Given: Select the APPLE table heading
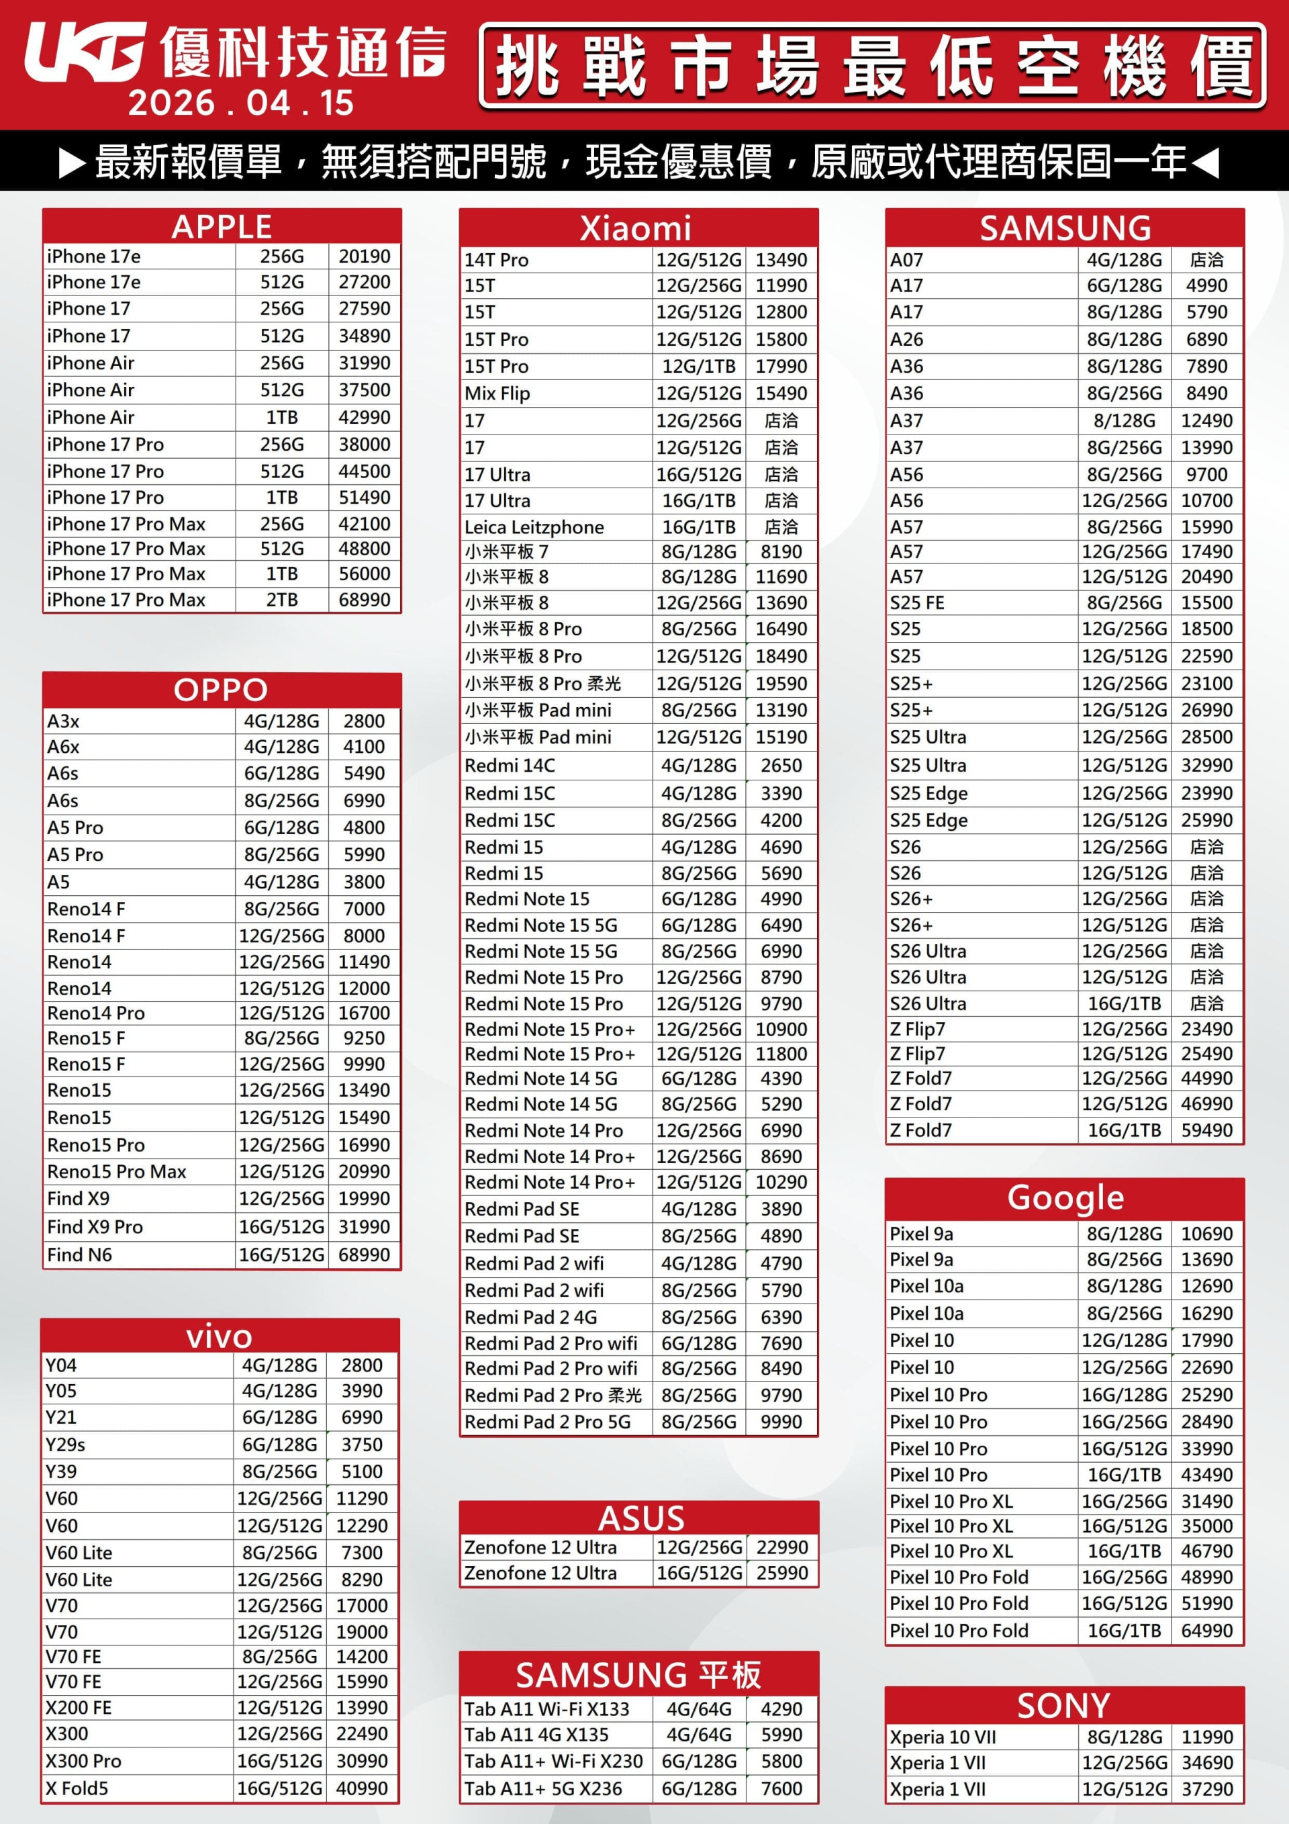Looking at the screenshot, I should [x=222, y=227].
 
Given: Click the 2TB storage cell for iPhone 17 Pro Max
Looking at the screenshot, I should [x=282, y=600].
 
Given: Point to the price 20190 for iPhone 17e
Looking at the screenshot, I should [x=365, y=257].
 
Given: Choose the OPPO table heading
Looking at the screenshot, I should [x=221, y=690].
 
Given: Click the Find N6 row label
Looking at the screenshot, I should [x=79, y=1255].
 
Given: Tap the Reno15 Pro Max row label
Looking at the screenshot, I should [x=117, y=1171].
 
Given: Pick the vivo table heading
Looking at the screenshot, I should [x=220, y=1336].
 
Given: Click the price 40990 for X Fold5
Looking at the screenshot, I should [x=362, y=1788].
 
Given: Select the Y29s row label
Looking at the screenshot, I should [x=65, y=1445].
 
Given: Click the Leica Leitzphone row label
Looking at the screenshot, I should [x=534, y=527].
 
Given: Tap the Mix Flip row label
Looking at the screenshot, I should [x=497, y=394].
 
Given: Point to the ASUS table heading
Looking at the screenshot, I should [x=640, y=1518].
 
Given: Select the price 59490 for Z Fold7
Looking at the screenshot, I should [x=1206, y=1130].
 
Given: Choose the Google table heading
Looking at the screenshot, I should [x=1065, y=1197].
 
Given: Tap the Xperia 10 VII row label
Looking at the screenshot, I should [x=943, y=1737].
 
